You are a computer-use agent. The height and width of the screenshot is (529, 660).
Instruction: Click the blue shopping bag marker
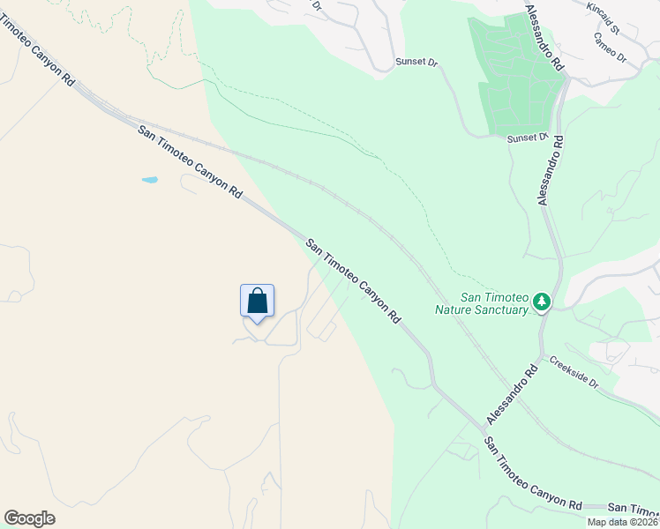[257, 302]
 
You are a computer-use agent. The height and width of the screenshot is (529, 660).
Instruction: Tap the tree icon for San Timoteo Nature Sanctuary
[541, 303]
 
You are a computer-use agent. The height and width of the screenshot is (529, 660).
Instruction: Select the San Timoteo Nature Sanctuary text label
[482, 303]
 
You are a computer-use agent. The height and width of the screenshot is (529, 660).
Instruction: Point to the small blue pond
[150, 180]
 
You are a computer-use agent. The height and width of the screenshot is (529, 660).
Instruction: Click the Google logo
[29, 518]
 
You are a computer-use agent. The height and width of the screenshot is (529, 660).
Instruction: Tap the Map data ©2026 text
[623, 522]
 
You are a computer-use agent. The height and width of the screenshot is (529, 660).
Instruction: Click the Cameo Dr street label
[610, 48]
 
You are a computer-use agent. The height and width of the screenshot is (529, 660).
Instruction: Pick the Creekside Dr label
[574, 373]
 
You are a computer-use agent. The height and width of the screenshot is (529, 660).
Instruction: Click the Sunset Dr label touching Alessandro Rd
[528, 138]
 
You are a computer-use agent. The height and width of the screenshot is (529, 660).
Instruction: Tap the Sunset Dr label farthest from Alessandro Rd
[416, 63]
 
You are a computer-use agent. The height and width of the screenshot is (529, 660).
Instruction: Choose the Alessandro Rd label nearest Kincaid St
[544, 37]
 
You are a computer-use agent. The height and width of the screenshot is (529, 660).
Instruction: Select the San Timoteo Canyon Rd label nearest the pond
[190, 161]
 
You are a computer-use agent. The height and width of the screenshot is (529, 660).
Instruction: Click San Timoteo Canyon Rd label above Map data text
[533, 473]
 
